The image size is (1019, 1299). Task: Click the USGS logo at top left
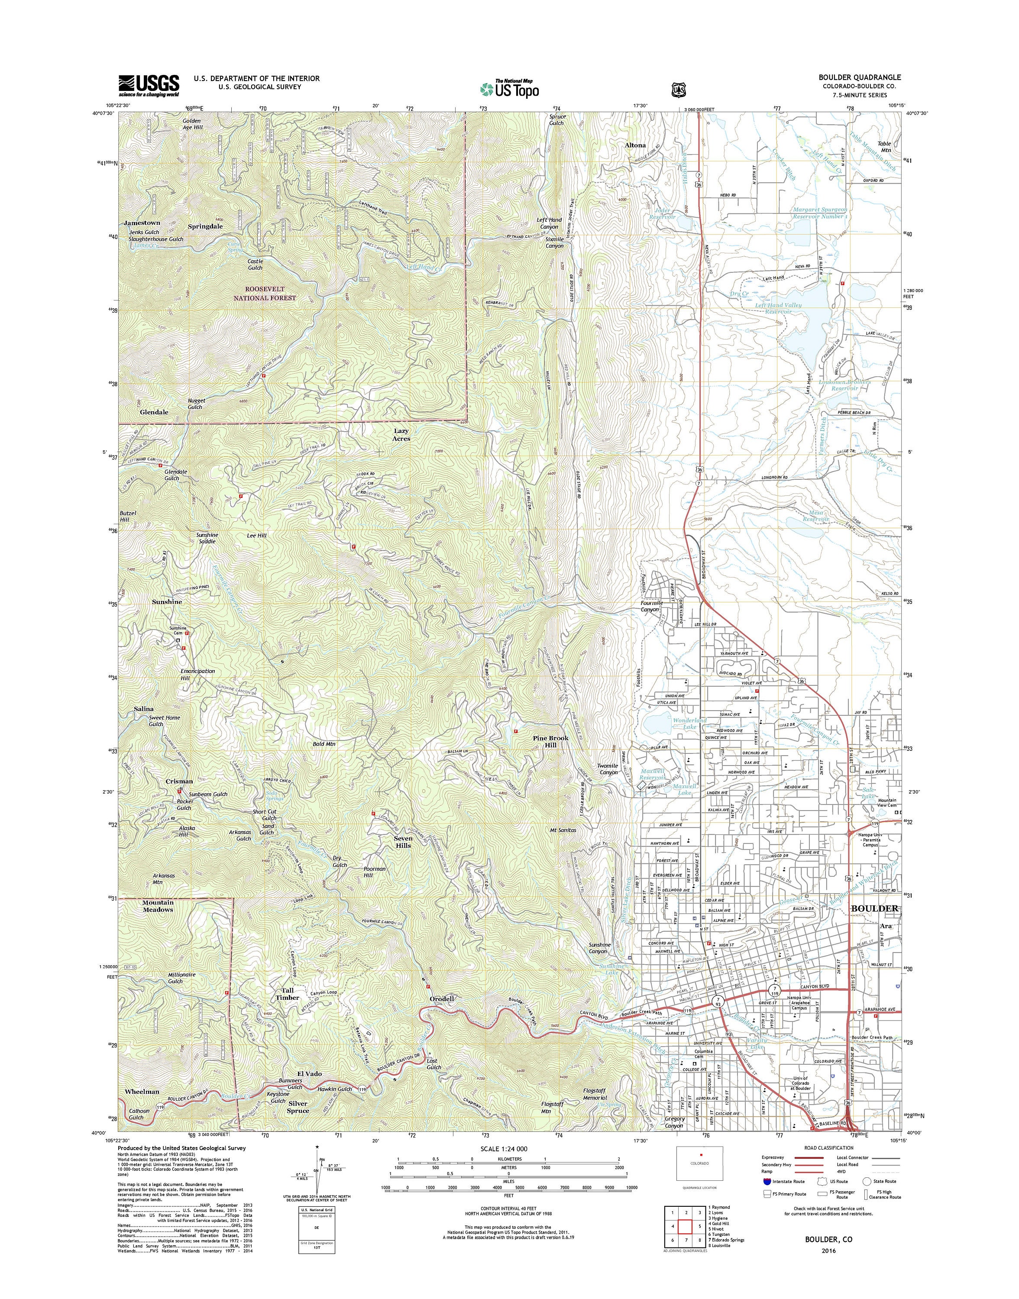(x=149, y=85)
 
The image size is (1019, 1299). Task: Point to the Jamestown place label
(x=142, y=223)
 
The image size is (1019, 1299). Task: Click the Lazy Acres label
(x=401, y=434)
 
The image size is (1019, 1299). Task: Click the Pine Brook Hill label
(x=551, y=741)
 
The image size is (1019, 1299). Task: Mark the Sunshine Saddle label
(x=207, y=537)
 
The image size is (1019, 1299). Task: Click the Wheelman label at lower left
(x=142, y=1092)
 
